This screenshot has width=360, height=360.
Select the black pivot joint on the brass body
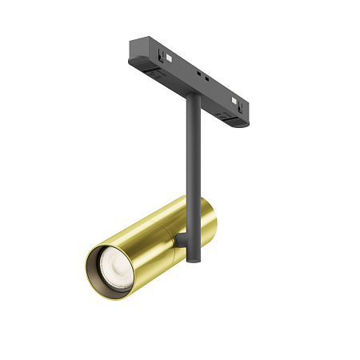182,237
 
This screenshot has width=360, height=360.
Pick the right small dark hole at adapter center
210,82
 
